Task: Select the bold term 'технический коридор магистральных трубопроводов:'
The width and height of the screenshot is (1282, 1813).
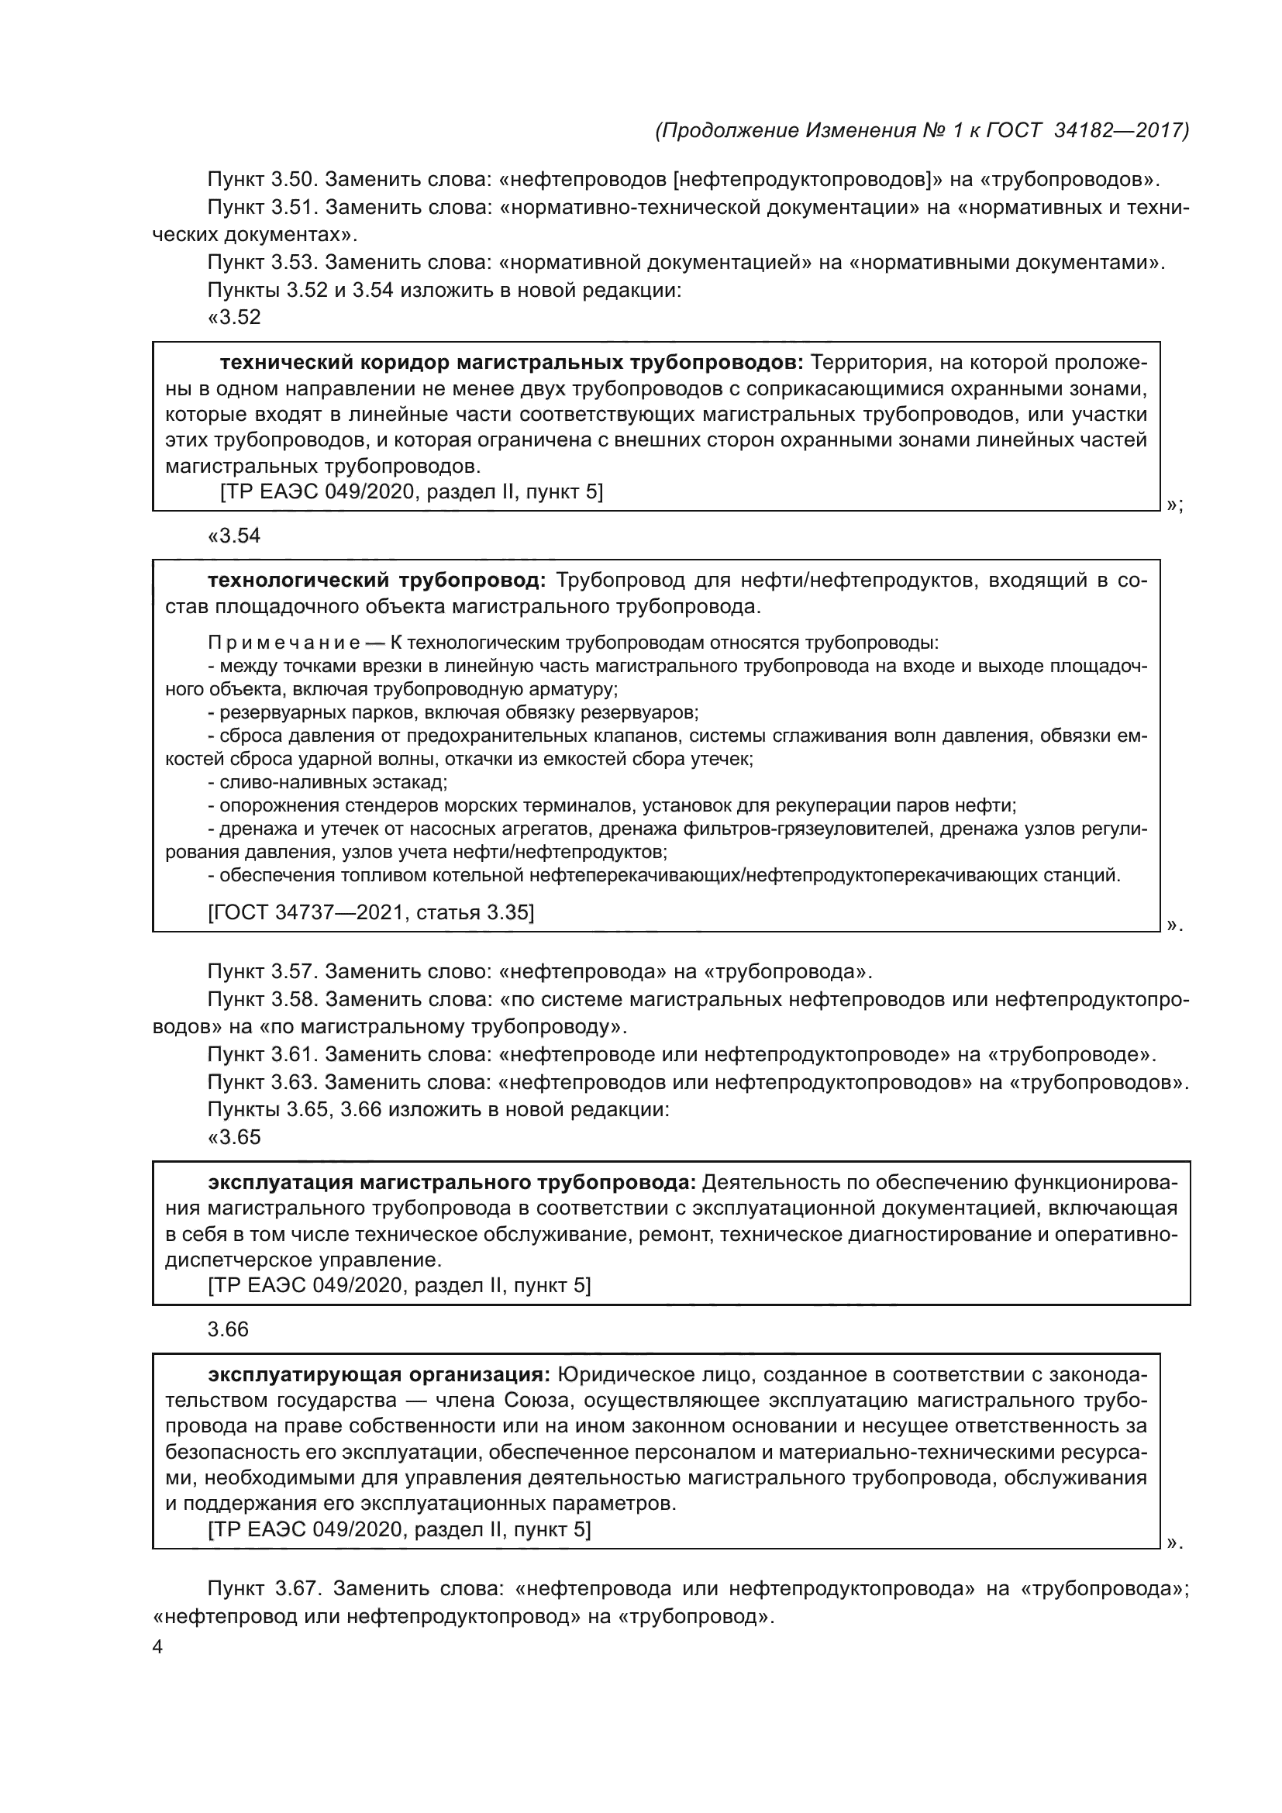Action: pyautogui.click(x=512, y=363)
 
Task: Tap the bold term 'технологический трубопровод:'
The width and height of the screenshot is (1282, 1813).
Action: pyautogui.click(x=377, y=581)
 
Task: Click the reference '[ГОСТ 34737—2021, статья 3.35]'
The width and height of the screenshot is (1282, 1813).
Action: pyautogui.click(x=370, y=913)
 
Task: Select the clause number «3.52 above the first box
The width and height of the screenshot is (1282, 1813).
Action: pyautogui.click(x=233, y=318)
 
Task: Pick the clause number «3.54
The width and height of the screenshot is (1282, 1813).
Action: pyautogui.click(x=233, y=536)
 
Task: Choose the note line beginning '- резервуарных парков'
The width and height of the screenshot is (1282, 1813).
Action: pyautogui.click(x=453, y=713)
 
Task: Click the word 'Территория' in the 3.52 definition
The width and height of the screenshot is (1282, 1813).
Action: pyautogui.click(x=864, y=363)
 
